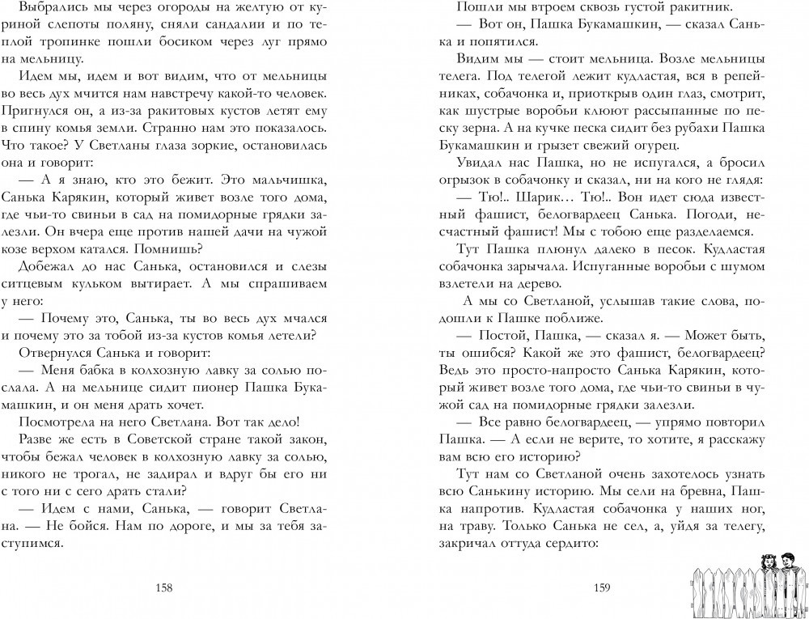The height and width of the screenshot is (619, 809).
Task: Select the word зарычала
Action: pyautogui.click(x=566, y=263)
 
